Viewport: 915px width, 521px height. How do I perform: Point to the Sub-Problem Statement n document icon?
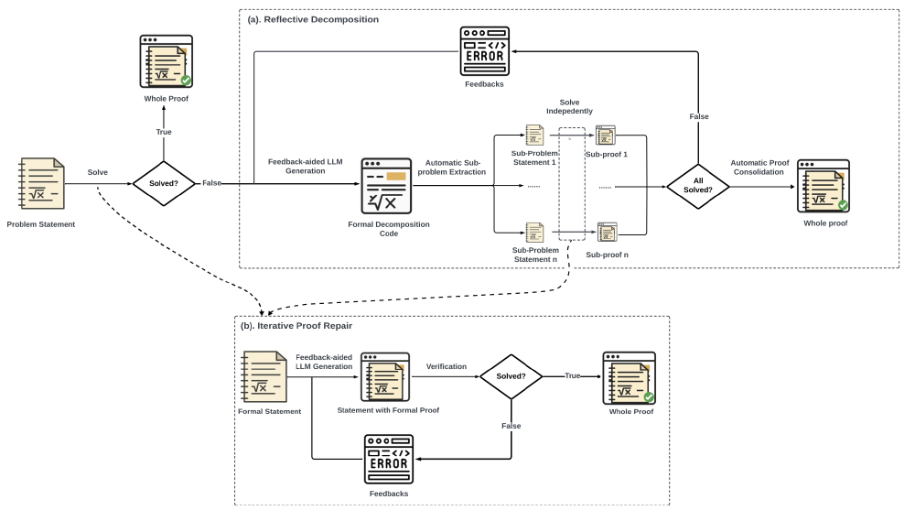pos(534,233)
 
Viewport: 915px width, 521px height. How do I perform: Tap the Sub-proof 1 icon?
pos(605,136)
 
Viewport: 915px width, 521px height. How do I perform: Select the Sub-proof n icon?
pos(605,233)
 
